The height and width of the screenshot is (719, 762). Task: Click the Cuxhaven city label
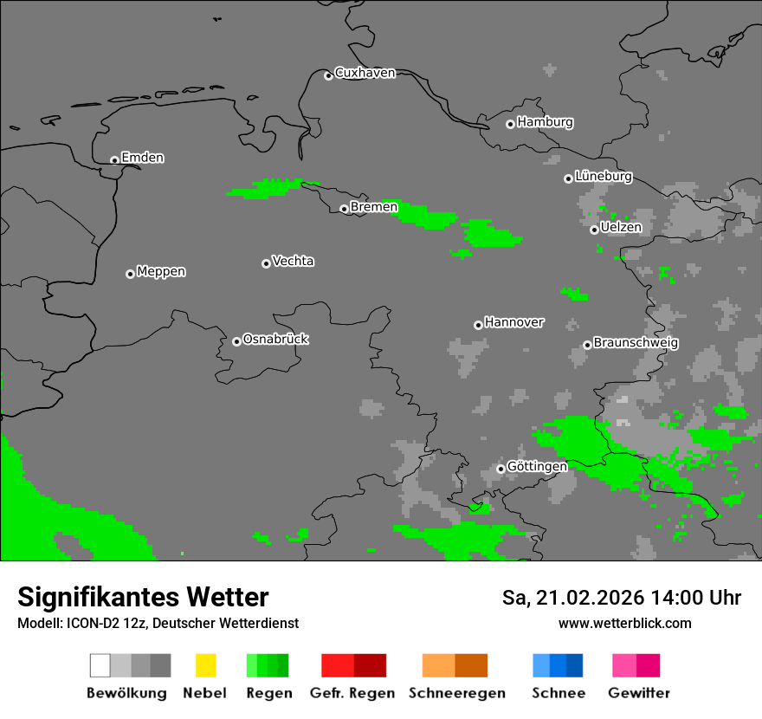(x=365, y=73)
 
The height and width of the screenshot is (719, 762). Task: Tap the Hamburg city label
(x=545, y=122)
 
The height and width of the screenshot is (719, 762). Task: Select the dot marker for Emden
(x=114, y=160)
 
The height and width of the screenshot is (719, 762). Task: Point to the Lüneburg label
(x=603, y=176)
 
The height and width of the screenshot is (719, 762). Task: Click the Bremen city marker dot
(x=344, y=209)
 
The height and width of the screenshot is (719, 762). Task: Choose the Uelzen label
(x=621, y=227)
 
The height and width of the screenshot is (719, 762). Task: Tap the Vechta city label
(x=293, y=261)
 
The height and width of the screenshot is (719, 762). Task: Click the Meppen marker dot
(x=130, y=274)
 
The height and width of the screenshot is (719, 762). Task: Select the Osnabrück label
(x=275, y=339)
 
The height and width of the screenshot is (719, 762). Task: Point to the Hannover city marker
(x=478, y=325)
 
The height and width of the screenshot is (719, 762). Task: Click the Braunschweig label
(x=636, y=342)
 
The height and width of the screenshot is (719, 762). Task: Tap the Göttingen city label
(x=537, y=466)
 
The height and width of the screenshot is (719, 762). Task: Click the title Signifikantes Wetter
(x=143, y=597)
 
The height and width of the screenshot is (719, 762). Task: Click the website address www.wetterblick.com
(x=624, y=623)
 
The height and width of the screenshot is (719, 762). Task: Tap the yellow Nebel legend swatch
(x=205, y=665)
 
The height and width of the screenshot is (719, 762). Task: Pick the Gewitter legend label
(x=638, y=693)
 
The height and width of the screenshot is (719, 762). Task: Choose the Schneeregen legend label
(x=456, y=693)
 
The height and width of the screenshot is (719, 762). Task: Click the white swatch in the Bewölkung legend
(x=100, y=665)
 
